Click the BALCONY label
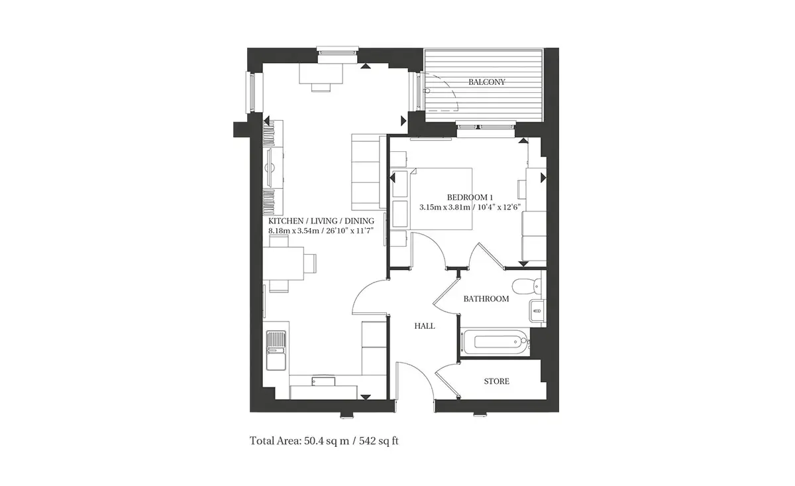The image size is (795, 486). (x=486, y=82)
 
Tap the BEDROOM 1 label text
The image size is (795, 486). (x=470, y=197)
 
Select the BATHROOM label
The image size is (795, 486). (x=486, y=299)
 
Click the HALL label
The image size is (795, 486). (x=425, y=326)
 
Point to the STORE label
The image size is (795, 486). (x=496, y=381)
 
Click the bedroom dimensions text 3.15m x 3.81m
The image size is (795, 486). (x=445, y=207)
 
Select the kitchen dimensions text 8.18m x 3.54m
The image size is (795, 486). (x=294, y=231)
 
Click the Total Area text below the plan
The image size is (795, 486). (x=324, y=441)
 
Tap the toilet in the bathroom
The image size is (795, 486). (x=527, y=286)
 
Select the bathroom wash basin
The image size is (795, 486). (x=537, y=311)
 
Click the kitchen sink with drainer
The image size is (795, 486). (x=276, y=350)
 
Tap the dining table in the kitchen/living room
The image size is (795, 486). (x=284, y=264)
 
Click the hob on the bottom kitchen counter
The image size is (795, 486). (x=323, y=381)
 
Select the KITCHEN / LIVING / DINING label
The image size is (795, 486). (x=321, y=221)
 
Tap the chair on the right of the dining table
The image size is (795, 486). (x=310, y=263)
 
